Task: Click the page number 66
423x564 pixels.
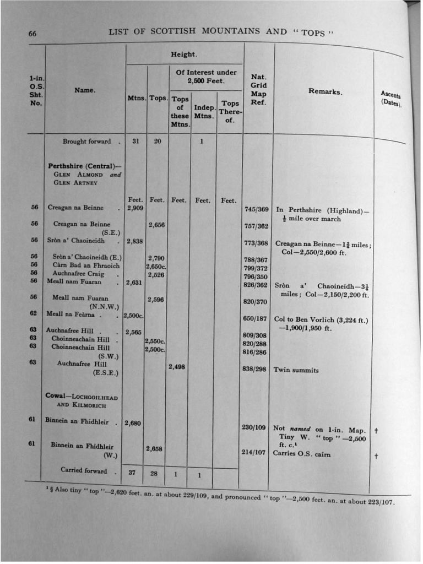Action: pyautogui.click(x=32, y=34)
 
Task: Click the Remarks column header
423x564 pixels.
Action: pyautogui.click(x=325, y=92)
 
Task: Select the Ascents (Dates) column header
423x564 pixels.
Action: pyautogui.click(x=391, y=99)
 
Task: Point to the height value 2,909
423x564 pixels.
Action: pyautogui.click(x=135, y=208)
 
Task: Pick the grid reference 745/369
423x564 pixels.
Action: pyautogui.click(x=256, y=209)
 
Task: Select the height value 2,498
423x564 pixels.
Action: pyautogui.click(x=176, y=366)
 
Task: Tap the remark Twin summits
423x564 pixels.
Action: pyautogui.click(x=296, y=370)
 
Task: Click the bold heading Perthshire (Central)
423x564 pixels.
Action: pyautogui.click(x=82, y=166)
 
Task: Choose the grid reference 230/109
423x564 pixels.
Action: pyautogui.click(x=253, y=427)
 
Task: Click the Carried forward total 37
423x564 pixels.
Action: pyautogui.click(x=132, y=473)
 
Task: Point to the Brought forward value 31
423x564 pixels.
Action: pyautogui.click(x=135, y=142)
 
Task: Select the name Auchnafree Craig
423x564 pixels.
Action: pyautogui.click(x=78, y=274)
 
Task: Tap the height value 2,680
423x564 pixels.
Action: pyautogui.click(x=133, y=423)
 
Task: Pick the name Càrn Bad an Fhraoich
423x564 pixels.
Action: pyautogui.click(x=86, y=265)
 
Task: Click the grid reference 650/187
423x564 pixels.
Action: pyautogui.click(x=254, y=318)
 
